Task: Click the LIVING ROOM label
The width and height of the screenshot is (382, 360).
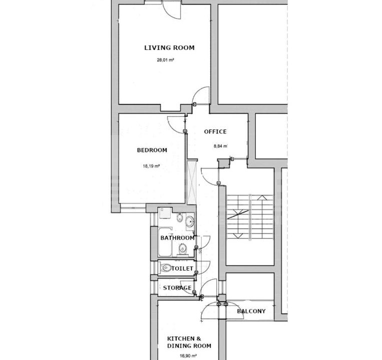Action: pyautogui.click(x=170, y=47)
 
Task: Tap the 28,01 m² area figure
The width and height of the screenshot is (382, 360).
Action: pyautogui.click(x=165, y=60)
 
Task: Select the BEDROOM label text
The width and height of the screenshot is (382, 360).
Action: pyautogui.click(x=152, y=150)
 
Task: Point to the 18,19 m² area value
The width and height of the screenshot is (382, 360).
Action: pyautogui.click(x=151, y=166)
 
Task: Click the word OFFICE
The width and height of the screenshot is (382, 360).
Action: pyautogui.click(x=215, y=131)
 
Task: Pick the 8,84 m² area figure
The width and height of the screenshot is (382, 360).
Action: pyautogui.click(x=220, y=146)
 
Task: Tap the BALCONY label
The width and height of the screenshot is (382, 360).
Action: pyautogui.click(x=251, y=311)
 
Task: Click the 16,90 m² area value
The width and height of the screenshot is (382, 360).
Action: pyautogui.click(x=188, y=356)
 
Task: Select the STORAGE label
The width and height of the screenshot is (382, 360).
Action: pyautogui.click(x=177, y=288)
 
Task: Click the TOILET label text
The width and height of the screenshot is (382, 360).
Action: pyautogui.click(x=182, y=268)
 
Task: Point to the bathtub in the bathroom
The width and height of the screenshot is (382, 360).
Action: pyautogui.click(x=165, y=242)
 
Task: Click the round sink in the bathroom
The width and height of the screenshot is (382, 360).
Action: pyautogui.click(x=190, y=221)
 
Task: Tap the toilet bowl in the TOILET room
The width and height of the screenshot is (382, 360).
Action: pyautogui.click(x=165, y=268)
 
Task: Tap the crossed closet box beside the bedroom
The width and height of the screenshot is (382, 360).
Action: pyautogui.click(x=191, y=182)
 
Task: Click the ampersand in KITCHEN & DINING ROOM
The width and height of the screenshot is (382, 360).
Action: pyautogui.click(x=199, y=338)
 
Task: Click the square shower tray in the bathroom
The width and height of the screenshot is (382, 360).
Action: pyautogui.click(x=163, y=213)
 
